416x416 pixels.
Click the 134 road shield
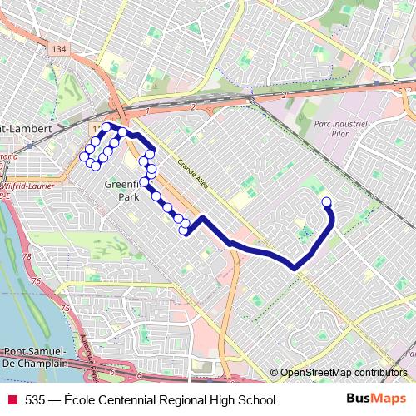(x=59, y=50)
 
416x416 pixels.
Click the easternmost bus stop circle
(x=326, y=201)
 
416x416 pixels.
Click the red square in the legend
(x=12, y=400)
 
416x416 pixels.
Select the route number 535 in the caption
(x=35, y=400)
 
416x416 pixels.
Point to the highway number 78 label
(x=26, y=257)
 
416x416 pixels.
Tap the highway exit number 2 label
(x=192, y=107)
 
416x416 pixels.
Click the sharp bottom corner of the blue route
(x=295, y=267)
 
